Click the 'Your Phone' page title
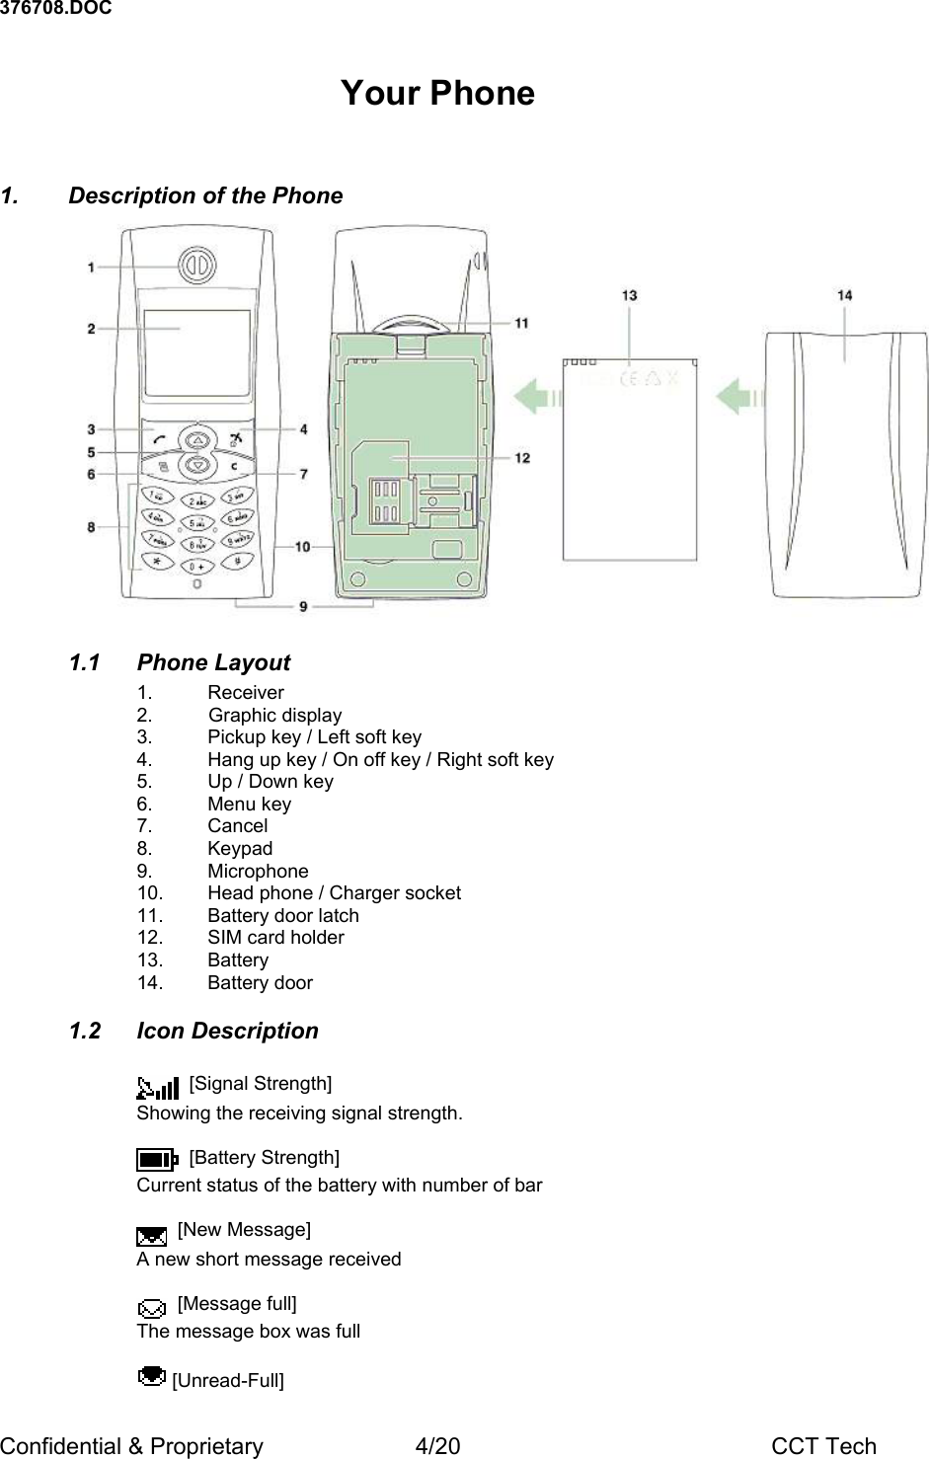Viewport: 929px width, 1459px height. tap(437, 93)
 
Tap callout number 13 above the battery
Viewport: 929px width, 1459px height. tap(629, 294)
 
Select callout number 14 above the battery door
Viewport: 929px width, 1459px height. tap(845, 294)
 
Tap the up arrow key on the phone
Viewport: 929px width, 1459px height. tap(198, 438)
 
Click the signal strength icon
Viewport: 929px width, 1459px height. tap(158, 1088)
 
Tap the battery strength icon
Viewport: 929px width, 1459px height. tap(156, 1159)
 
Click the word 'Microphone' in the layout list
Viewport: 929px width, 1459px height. tap(258, 871)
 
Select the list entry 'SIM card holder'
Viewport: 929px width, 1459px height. tap(275, 938)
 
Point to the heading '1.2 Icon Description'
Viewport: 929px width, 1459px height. tap(194, 1031)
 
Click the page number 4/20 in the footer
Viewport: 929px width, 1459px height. tap(437, 1446)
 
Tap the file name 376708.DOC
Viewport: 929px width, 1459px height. tap(55, 9)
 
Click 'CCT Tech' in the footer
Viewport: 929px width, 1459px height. tap(823, 1446)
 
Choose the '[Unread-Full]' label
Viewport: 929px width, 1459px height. tap(228, 1380)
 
